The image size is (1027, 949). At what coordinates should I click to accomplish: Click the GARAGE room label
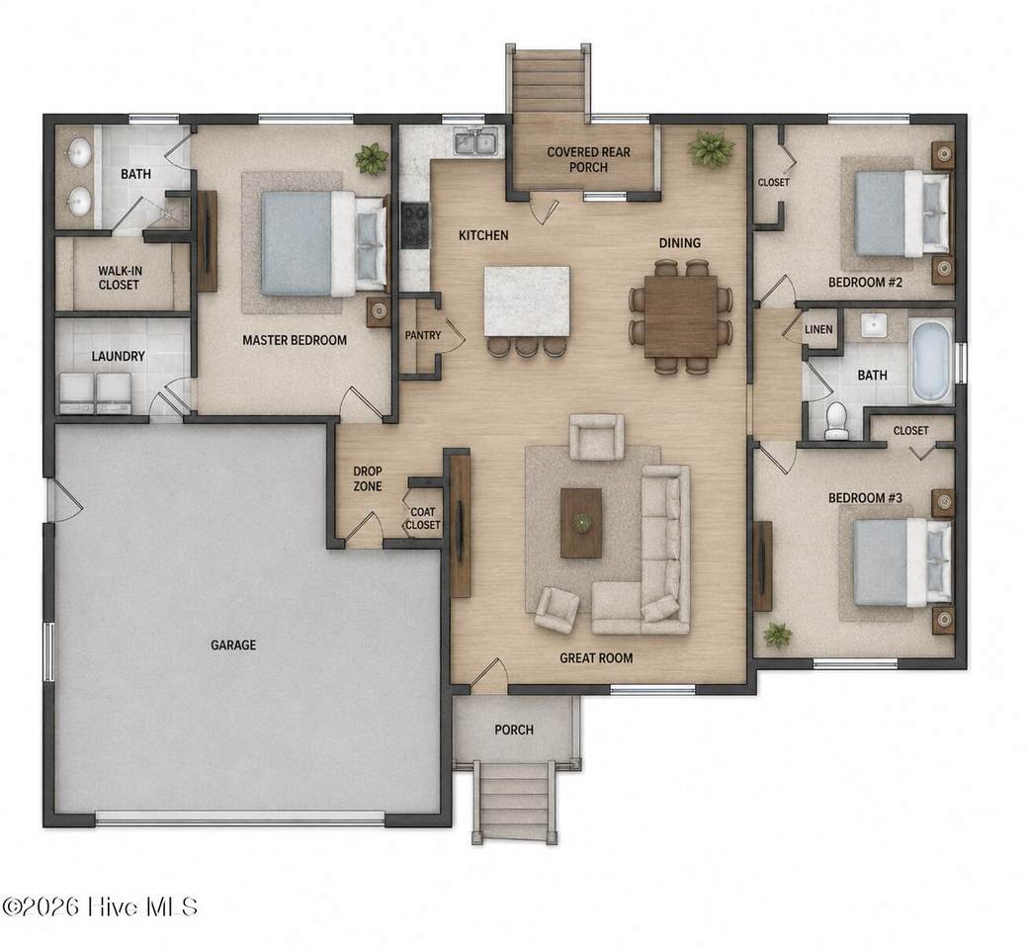(x=233, y=646)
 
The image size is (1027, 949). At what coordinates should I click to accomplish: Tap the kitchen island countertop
(x=527, y=302)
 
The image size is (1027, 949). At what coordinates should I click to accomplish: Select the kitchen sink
(x=476, y=141)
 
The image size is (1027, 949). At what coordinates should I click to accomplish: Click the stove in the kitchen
(x=414, y=225)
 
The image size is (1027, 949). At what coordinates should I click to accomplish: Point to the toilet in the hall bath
(x=835, y=420)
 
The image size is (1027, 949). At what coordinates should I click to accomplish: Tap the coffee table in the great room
(x=581, y=523)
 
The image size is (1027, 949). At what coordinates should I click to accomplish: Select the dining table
(x=681, y=316)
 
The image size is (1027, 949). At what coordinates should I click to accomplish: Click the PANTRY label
(x=423, y=335)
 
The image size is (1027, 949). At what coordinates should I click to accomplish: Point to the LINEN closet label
(x=818, y=329)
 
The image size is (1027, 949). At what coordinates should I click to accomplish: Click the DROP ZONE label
(x=368, y=478)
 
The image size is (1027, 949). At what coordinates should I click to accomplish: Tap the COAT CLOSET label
(x=423, y=519)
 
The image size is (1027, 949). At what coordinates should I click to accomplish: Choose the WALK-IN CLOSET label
(x=120, y=278)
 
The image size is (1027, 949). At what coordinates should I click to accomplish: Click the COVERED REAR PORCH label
(x=588, y=160)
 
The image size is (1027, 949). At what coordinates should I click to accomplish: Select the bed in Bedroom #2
(x=901, y=214)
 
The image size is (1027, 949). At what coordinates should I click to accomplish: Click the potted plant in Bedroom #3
(x=777, y=634)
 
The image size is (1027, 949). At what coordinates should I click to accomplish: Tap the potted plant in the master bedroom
(x=372, y=159)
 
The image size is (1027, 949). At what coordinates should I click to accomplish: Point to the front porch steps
(x=515, y=802)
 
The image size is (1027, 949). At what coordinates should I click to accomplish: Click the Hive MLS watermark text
(x=100, y=907)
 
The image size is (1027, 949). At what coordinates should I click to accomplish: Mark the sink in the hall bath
(x=874, y=325)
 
